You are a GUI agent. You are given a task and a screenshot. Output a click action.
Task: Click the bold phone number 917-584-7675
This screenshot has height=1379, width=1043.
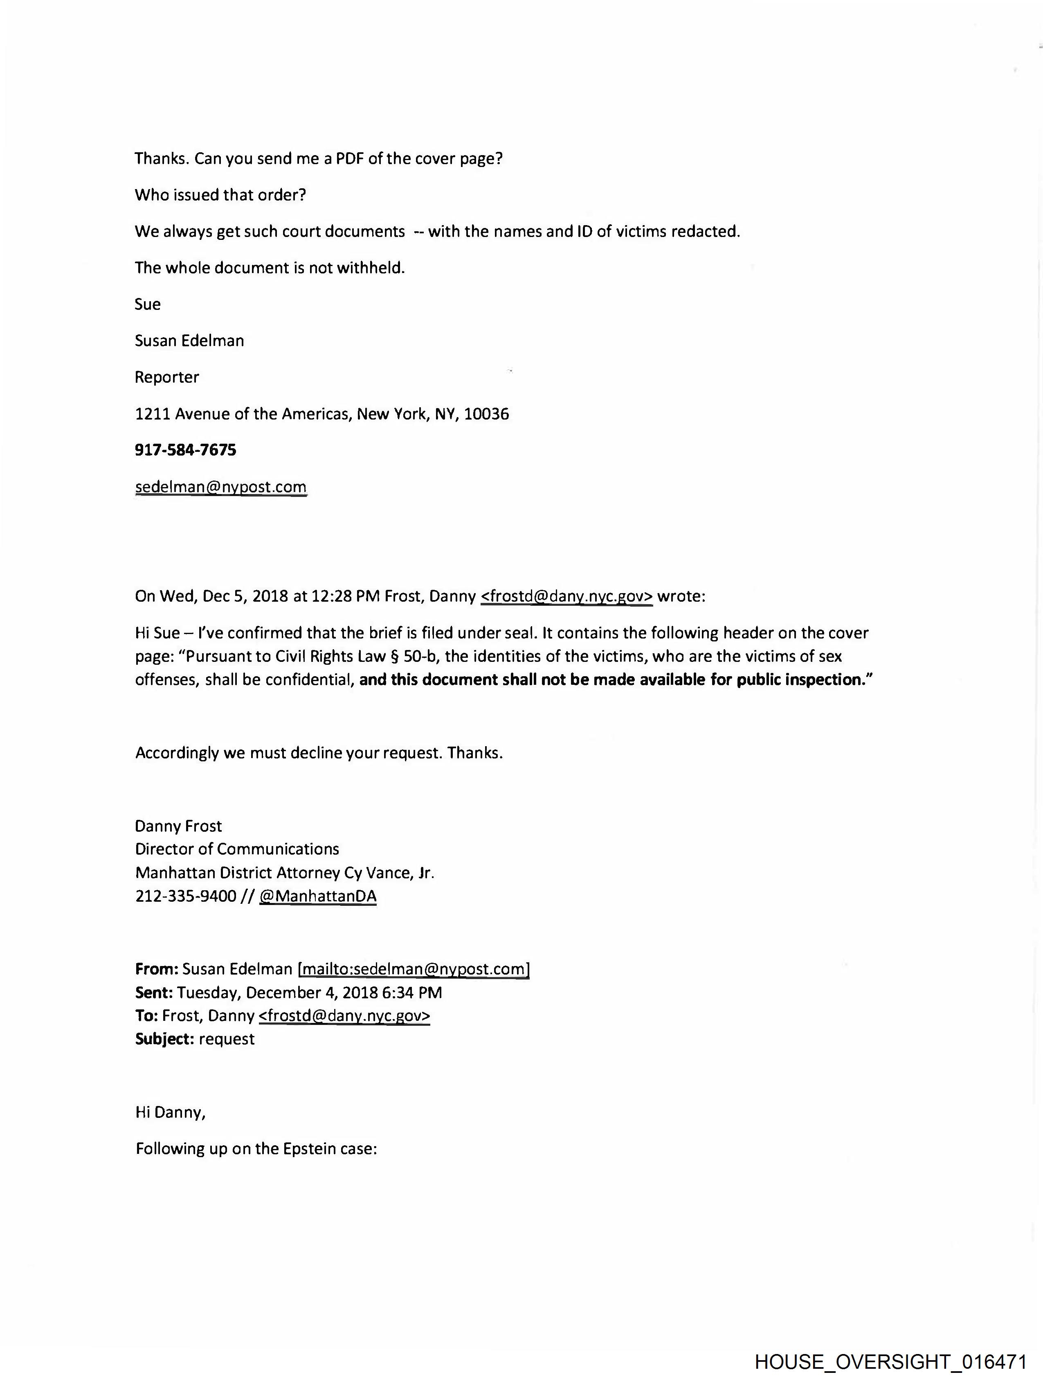186,450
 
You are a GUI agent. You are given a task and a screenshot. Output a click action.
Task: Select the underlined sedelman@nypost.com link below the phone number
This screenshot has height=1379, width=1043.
220,487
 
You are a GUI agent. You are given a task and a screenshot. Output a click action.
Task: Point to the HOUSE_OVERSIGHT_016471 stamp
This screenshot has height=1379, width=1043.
890,1361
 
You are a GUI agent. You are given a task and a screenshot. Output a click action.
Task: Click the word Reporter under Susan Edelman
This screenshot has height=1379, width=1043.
167,377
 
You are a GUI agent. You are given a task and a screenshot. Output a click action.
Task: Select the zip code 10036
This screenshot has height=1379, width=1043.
487,414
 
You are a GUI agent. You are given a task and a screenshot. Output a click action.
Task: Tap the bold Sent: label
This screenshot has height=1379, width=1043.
154,993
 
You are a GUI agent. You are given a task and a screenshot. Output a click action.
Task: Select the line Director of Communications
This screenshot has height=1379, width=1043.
237,849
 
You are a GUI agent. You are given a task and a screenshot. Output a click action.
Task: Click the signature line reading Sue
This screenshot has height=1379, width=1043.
148,304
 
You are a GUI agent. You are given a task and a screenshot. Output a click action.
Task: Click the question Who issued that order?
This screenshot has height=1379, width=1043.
220,195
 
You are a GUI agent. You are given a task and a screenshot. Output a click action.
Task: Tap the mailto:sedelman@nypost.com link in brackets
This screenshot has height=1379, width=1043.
414,969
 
